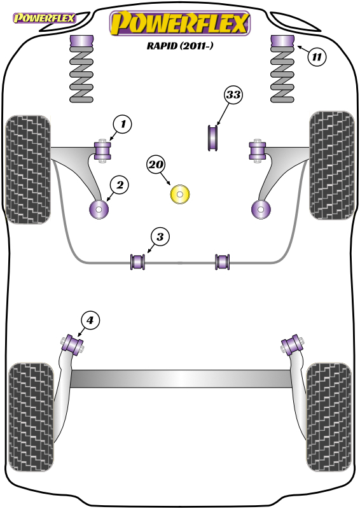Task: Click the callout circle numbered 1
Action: click(x=122, y=124)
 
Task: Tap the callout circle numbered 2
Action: click(x=120, y=185)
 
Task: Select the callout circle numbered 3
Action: click(x=160, y=237)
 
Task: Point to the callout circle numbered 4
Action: click(x=90, y=321)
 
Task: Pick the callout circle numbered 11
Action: click(x=317, y=57)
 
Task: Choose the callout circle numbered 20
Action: click(x=156, y=165)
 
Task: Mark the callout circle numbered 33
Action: click(x=233, y=95)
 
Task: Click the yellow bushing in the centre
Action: click(x=180, y=195)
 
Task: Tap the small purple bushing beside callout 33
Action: click(x=212, y=138)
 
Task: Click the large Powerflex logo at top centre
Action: click(x=180, y=24)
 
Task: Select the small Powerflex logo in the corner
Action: click(x=44, y=18)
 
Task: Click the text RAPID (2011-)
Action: click(x=180, y=45)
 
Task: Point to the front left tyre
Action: click(x=28, y=170)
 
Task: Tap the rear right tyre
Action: click(x=329, y=417)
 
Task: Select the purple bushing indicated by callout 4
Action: click(x=73, y=344)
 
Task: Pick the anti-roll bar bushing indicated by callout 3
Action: click(x=137, y=262)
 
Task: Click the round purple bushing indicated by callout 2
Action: click(x=99, y=209)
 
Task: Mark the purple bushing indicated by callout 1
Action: click(x=102, y=151)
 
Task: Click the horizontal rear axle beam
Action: click(x=181, y=379)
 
